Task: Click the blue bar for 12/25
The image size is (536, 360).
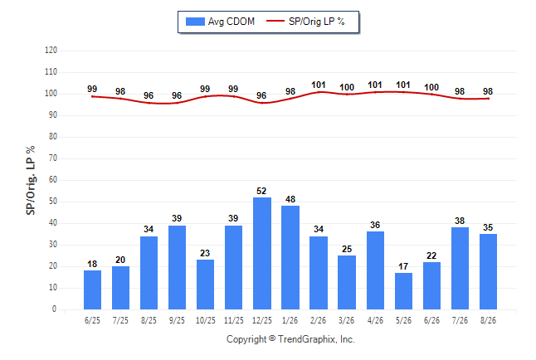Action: click(262, 253)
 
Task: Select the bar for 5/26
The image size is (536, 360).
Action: click(403, 291)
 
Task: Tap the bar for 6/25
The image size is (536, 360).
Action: click(92, 290)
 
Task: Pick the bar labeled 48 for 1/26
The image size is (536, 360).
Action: click(290, 257)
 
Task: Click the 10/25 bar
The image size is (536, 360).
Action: click(205, 285)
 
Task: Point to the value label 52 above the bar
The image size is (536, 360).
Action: click(261, 191)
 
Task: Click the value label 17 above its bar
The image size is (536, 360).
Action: click(403, 266)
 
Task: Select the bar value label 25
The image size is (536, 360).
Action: click(347, 249)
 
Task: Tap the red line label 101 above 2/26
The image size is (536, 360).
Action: click(319, 85)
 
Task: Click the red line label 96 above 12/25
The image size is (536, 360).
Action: click(261, 95)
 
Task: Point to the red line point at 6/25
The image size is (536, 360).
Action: click(92, 97)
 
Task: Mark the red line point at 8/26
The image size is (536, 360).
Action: click(488, 99)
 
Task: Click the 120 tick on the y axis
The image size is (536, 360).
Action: click(51, 51)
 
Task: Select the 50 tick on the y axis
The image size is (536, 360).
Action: click(53, 202)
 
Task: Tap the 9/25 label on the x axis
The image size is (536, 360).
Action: click(177, 320)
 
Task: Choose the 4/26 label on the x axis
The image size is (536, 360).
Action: click(375, 320)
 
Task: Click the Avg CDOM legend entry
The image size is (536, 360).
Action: click(220, 22)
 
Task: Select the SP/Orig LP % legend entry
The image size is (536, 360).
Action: click(305, 22)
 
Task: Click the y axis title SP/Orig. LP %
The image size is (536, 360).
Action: click(31, 181)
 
